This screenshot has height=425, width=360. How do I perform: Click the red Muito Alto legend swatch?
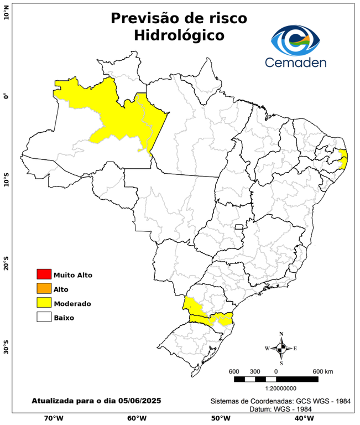(x=43, y=274)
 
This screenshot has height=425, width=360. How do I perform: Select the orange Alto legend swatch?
(x=43, y=288)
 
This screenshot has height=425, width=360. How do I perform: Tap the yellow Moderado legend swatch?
(x=43, y=303)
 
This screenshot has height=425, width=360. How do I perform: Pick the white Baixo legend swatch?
(x=43, y=317)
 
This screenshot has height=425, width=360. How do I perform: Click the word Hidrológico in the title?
(x=179, y=35)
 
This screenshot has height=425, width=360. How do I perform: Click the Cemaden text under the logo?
(x=296, y=62)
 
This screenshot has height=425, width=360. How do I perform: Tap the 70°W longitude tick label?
(x=53, y=418)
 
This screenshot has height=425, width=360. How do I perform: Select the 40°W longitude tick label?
(x=303, y=418)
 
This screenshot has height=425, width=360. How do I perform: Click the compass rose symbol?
(x=281, y=348)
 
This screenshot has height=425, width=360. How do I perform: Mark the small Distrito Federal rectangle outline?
(x=239, y=226)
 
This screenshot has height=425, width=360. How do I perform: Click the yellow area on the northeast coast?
(x=343, y=158)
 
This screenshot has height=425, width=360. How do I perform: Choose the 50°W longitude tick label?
(x=220, y=418)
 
